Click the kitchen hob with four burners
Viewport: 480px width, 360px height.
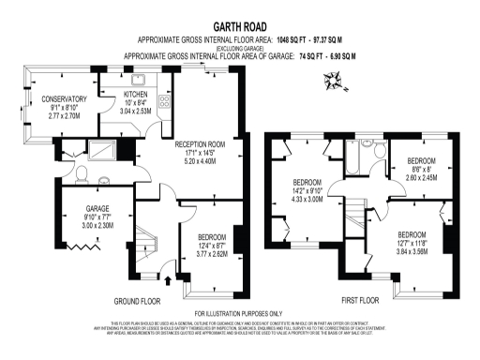pyautogui.click(x=164, y=102)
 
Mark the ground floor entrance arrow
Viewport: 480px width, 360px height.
pyautogui.click(x=169, y=278)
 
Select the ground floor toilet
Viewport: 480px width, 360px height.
pyautogui.click(x=82, y=174)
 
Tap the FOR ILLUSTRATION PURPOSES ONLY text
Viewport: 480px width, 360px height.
pyautogui.click(x=239, y=313)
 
